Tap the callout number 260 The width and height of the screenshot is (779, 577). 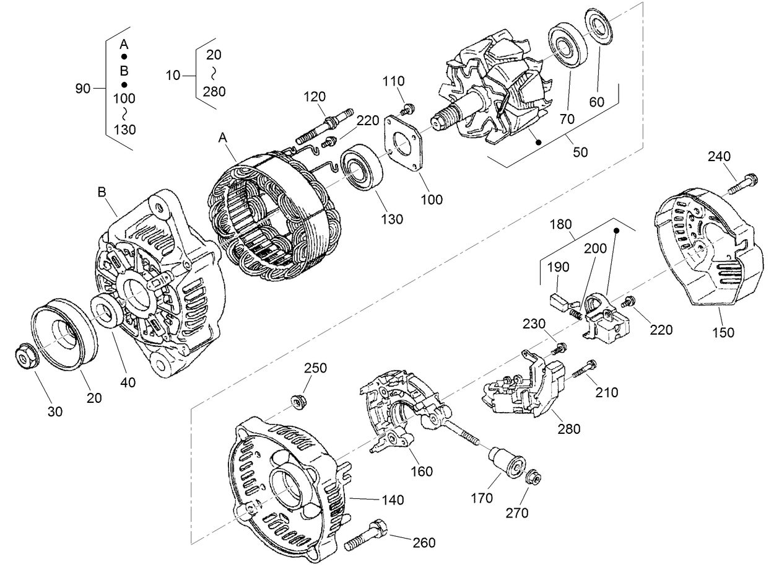(x=424, y=543)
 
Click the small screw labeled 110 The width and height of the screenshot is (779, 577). (x=407, y=109)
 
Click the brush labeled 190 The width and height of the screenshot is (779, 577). (x=561, y=303)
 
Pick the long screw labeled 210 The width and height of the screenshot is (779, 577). (x=583, y=370)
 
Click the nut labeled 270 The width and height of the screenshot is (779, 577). (x=533, y=478)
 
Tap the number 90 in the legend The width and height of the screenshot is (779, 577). (x=82, y=89)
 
